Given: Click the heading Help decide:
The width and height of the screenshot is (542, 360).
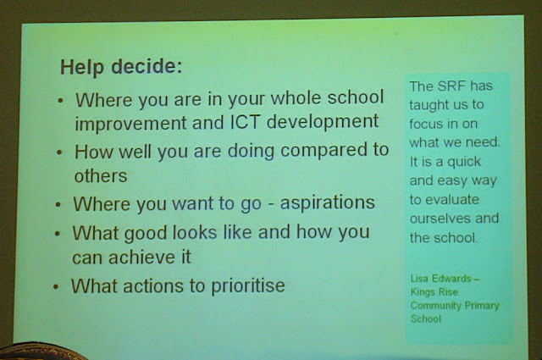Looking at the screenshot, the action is pyautogui.click(x=121, y=66).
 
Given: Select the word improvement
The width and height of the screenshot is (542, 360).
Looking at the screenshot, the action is pyautogui.click(x=130, y=124).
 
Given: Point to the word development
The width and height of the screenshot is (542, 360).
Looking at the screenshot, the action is pyautogui.click(x=323, y=122).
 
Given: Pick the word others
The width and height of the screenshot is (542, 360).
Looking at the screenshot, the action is pyautogui.click(x=101, y=175).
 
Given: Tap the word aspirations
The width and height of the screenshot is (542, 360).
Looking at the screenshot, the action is pyautogui.click(x=328, y=203).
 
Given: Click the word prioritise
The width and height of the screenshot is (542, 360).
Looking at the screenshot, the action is pyautogui.click(x=247, y=286).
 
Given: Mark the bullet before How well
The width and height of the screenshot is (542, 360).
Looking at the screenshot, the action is pyautogui.click(x=60, y=152).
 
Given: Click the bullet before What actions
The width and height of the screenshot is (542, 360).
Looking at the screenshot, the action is pyautogui.click(x=56, y=286).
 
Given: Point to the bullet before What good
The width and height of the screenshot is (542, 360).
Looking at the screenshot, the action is pyautogui.click(x=58, y=234).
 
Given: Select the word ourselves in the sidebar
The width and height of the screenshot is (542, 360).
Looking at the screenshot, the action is pyautogui.click(x=439, y=219).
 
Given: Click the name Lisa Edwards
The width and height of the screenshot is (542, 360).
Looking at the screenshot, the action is pyautogui.click(x=441, y=279).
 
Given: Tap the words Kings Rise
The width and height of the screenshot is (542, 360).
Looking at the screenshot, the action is pyautogui.click(x=434, y=292).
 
